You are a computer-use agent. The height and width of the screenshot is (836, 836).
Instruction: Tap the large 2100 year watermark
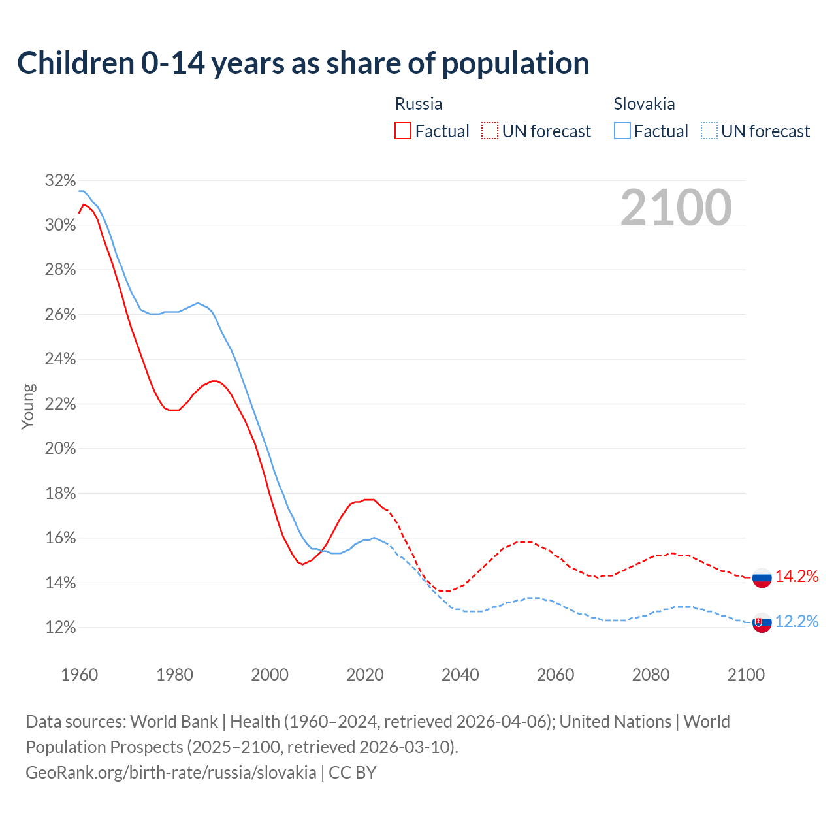[676, 208]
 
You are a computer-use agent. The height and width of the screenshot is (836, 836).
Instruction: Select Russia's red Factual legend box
[403, 131]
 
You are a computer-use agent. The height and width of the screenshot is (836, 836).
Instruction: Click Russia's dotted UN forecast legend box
[490, 131]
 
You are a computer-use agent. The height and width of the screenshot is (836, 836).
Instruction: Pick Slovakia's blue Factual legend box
[622, 131]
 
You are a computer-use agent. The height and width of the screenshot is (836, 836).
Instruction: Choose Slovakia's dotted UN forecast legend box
[709, 131]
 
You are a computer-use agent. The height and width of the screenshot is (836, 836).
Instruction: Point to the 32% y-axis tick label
[60, 181]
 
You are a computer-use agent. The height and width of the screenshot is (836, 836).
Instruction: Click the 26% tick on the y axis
[60, 315]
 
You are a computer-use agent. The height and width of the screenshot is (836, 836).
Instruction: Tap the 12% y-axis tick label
[60, 628]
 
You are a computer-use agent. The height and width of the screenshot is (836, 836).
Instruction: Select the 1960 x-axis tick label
[79, 675]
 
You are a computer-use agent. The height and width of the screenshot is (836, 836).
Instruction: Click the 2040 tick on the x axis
[460, 675]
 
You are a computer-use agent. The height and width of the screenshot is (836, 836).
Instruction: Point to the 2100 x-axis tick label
[746, 675]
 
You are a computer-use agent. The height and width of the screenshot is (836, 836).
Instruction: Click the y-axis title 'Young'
[28, 406]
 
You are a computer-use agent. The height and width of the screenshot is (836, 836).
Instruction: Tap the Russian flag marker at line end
[762, 577]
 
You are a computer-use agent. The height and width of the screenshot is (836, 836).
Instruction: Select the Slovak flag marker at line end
[762, 622]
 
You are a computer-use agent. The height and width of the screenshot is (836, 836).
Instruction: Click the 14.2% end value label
[797, 576]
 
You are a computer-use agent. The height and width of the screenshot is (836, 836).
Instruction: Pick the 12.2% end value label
[797, 621]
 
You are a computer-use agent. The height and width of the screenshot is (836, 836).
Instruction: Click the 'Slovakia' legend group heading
[644, 104]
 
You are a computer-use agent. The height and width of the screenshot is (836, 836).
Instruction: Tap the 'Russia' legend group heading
[419, 104]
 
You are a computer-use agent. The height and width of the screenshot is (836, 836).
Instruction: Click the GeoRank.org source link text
[171, 773]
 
